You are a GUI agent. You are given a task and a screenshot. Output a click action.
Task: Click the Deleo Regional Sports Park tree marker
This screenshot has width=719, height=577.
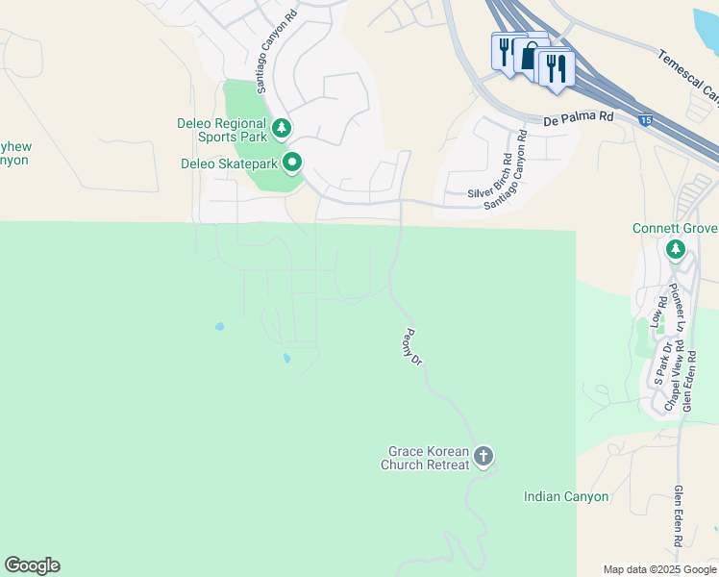point(281,127)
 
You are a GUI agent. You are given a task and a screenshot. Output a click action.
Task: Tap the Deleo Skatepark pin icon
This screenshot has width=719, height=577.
point(292,163)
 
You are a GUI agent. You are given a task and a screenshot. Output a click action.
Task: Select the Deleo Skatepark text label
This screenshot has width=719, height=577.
point(229,164)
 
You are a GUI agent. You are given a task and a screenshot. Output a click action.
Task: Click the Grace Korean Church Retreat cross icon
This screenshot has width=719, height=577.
point(483,455)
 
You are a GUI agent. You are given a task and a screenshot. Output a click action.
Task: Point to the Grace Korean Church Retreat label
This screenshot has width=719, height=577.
point(429,458)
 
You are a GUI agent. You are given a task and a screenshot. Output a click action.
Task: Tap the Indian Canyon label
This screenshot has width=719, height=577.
point(566,497)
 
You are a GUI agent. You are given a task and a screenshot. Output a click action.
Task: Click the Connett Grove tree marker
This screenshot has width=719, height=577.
point(676,250)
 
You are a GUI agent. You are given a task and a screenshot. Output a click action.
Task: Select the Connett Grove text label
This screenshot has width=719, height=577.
point(675,229)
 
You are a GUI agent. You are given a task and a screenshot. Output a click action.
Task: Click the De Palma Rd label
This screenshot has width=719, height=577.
point(578,119)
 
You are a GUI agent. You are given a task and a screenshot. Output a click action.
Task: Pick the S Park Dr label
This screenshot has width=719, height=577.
point(659,363)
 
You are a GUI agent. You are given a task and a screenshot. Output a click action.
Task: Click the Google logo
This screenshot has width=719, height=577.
point(32,565)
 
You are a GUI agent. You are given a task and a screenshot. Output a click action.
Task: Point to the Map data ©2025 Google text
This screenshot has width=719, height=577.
point(658,569)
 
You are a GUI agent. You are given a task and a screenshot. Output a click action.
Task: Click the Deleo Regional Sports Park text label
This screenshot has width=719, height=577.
point(222,131)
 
